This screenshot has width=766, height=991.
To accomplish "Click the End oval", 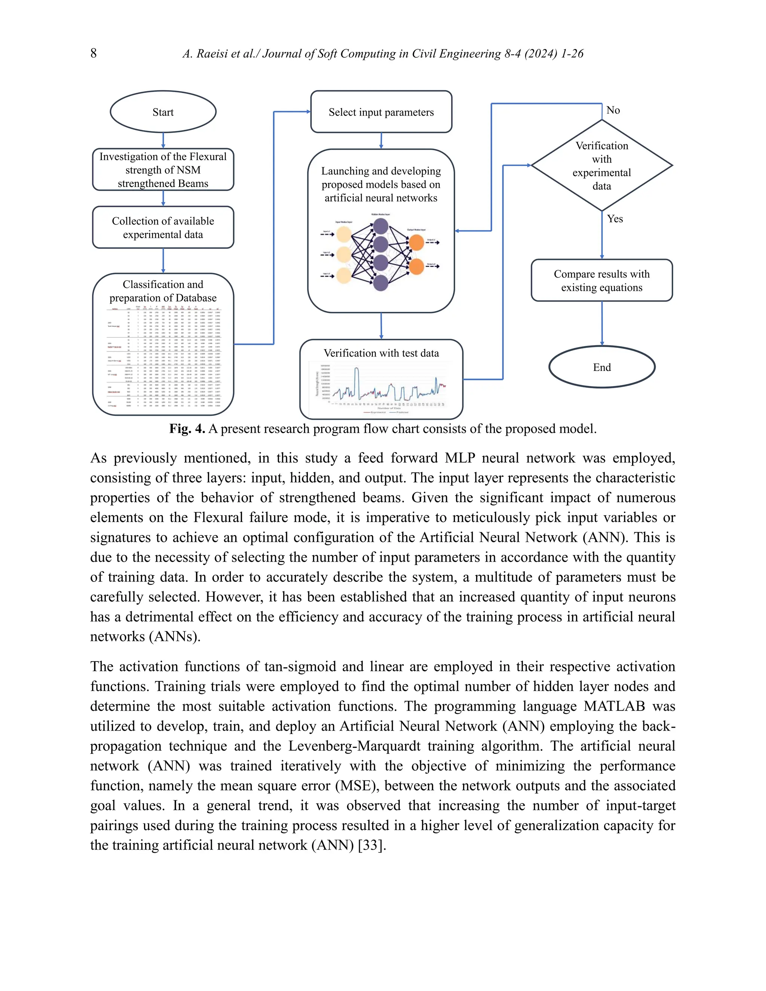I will [x=602, y=367].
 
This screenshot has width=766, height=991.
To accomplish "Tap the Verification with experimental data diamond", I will [x=602, y=166].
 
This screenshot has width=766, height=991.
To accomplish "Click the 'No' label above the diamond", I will [x=613, y=110].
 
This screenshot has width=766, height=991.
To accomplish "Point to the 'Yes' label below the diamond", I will [x=615, y=219].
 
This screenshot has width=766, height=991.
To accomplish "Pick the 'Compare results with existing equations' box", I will [x=602, y=280].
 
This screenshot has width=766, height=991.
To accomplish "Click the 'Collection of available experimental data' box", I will [x=163, y=227].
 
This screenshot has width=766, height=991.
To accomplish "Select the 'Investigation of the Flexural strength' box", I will [x=163, y=170].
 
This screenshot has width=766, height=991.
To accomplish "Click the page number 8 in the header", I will [x=94, y=53].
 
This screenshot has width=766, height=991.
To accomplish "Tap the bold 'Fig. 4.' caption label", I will [x=187, y=429].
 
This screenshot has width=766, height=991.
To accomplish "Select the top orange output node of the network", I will [x=416, y=243].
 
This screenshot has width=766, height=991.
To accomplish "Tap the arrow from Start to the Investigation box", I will [x=163, y=140].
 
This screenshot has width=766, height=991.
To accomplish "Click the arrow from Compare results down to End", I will [x=602, y=323].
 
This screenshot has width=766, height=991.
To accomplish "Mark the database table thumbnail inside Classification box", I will [x=163, y=359].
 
